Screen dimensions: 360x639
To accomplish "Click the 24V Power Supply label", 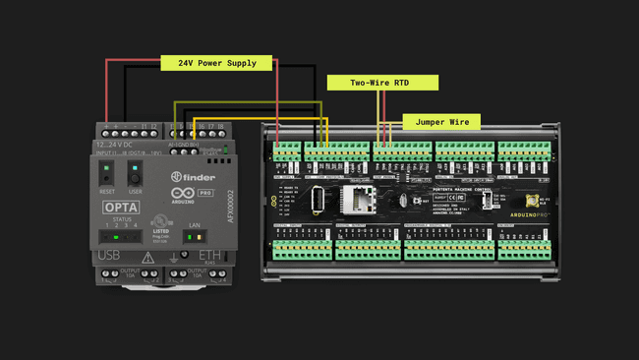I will [216, 63].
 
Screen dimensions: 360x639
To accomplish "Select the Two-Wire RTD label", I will [379, 84].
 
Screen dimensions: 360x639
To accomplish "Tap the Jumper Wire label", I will [441, 122].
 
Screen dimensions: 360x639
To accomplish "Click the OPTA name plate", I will [121, 209].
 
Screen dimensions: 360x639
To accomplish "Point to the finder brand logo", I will [196, 177].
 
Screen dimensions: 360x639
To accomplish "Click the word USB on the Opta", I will [109, 257].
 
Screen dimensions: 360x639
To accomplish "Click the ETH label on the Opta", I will [209, 257].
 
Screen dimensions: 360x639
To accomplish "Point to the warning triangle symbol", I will [147, 258].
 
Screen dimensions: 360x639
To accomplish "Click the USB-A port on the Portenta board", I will [318, 200].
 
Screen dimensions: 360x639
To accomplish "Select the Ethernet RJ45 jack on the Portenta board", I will [356, 200].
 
